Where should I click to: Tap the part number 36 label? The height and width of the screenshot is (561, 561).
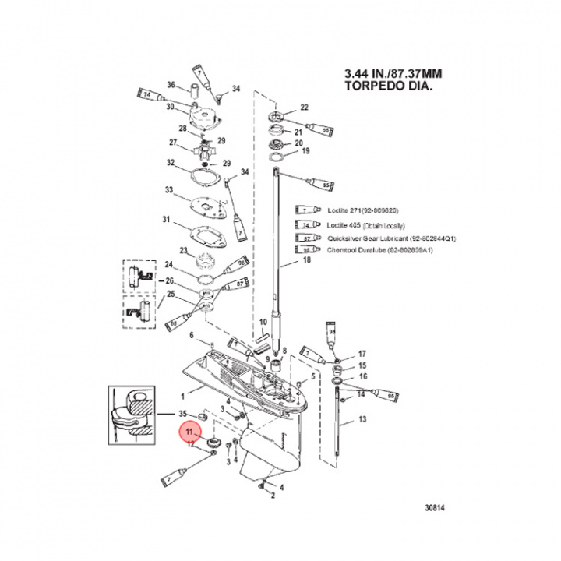tap(172, 85)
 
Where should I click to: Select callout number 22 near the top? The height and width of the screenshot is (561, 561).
tap(305, 107)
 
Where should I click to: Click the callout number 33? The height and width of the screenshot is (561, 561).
tap(168, 190)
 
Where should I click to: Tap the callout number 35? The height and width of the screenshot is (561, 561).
tap(182, 412)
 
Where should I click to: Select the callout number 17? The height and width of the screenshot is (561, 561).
tap(362, 353)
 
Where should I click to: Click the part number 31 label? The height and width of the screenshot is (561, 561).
tap(165, 221)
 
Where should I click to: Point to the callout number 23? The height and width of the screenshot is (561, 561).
tap(184, 250)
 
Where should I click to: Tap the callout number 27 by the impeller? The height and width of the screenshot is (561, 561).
tap(175, 143)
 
